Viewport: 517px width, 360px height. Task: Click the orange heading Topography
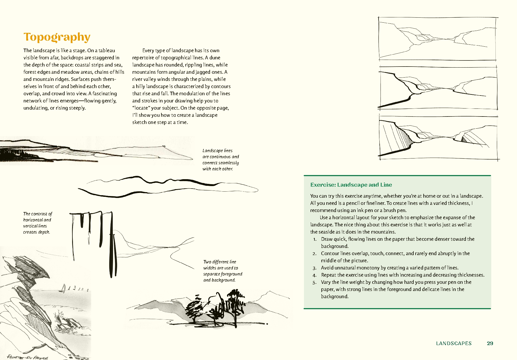pos(57,37)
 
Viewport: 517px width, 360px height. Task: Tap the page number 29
pos(490,343)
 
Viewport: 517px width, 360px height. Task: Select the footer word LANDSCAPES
pos(454,343)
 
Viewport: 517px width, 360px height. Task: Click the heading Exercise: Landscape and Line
pos(351,185)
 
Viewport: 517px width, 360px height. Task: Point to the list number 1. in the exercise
pos(315,239)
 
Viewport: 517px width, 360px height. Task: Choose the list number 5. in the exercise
pos(314,282)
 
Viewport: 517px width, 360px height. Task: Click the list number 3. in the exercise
pos(314,268)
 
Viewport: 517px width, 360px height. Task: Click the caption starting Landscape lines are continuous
pos(220,160)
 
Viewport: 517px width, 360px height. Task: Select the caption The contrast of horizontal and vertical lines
pos(37,223)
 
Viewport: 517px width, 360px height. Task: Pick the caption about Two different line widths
pos(222,271)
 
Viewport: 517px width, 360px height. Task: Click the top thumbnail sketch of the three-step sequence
pos(438,39)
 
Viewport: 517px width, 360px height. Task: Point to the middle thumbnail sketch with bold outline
pos(438,88)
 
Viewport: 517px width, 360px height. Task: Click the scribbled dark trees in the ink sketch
pos(216,306)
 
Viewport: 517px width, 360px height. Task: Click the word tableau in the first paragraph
pos(107,51)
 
